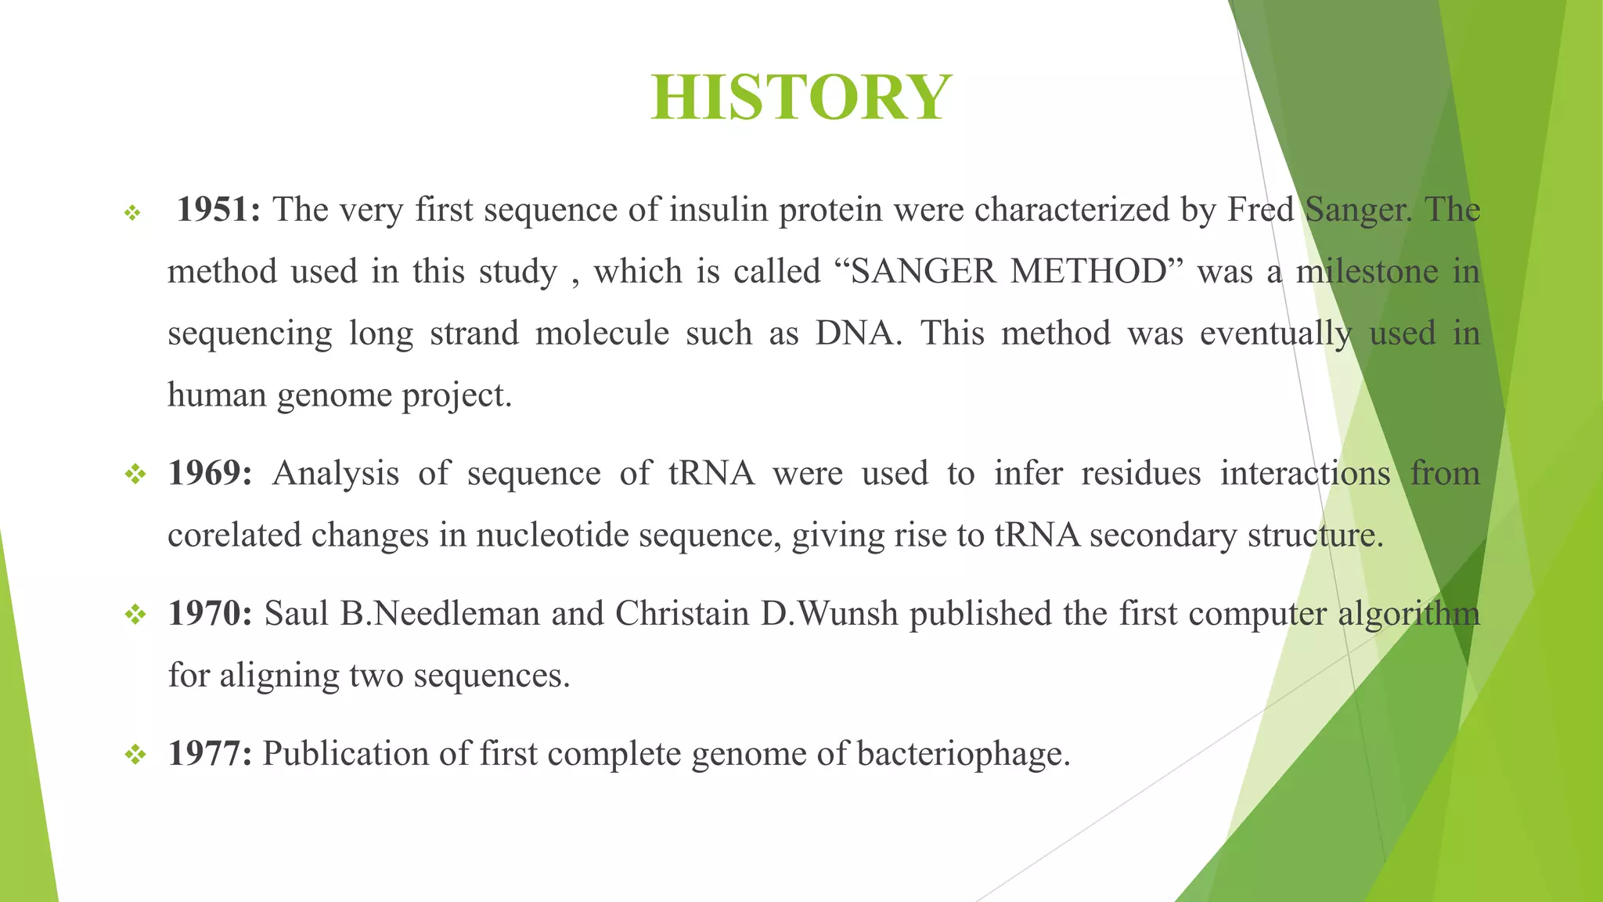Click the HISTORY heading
(x=801, y=97)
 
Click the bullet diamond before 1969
(x=135, y=474)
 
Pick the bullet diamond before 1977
(x=135, y=754)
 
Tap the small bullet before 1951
(x=132, y=212)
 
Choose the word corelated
(x=234, y=536)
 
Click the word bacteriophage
(x=963, y=754)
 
